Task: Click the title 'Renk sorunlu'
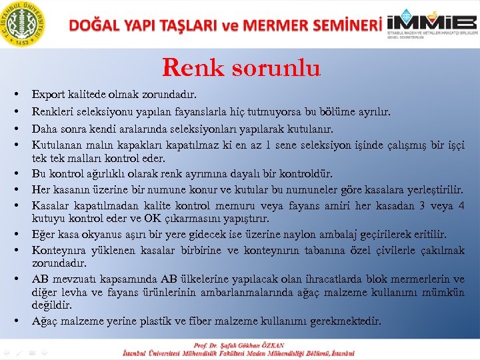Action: pyautogui.click(x=241, y=67)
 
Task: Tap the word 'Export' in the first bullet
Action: pyautogui.click(x=47, y=97)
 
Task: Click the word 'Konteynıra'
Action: pyautogui.click(x=59, y=250)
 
